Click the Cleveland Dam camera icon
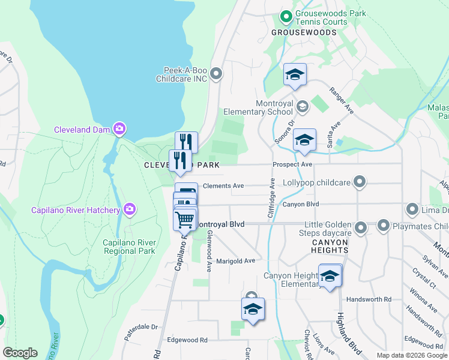(x=120, y=128)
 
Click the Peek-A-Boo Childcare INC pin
(x=217, y=74)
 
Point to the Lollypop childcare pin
(x=360, y=181)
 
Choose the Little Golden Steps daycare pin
(x=361, y=227)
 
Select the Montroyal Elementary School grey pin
(x=303, y=107)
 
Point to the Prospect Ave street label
(x=292, y=164)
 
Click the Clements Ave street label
(x=223, y=186)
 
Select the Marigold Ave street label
(x=236, y=261)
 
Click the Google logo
(x=20, y=353)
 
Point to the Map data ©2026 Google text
(x=412, y=355)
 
